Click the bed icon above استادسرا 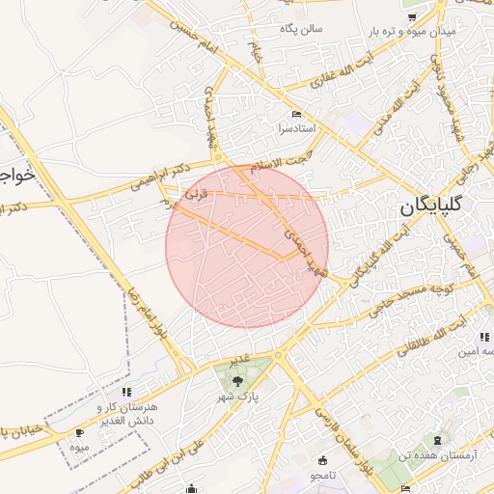click(x=296, y=114)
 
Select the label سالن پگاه click(x=301, y=28)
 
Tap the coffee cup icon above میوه click(x=79, y=433)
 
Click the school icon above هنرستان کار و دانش click(x=126, y=392)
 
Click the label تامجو click(x=321, y=477)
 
